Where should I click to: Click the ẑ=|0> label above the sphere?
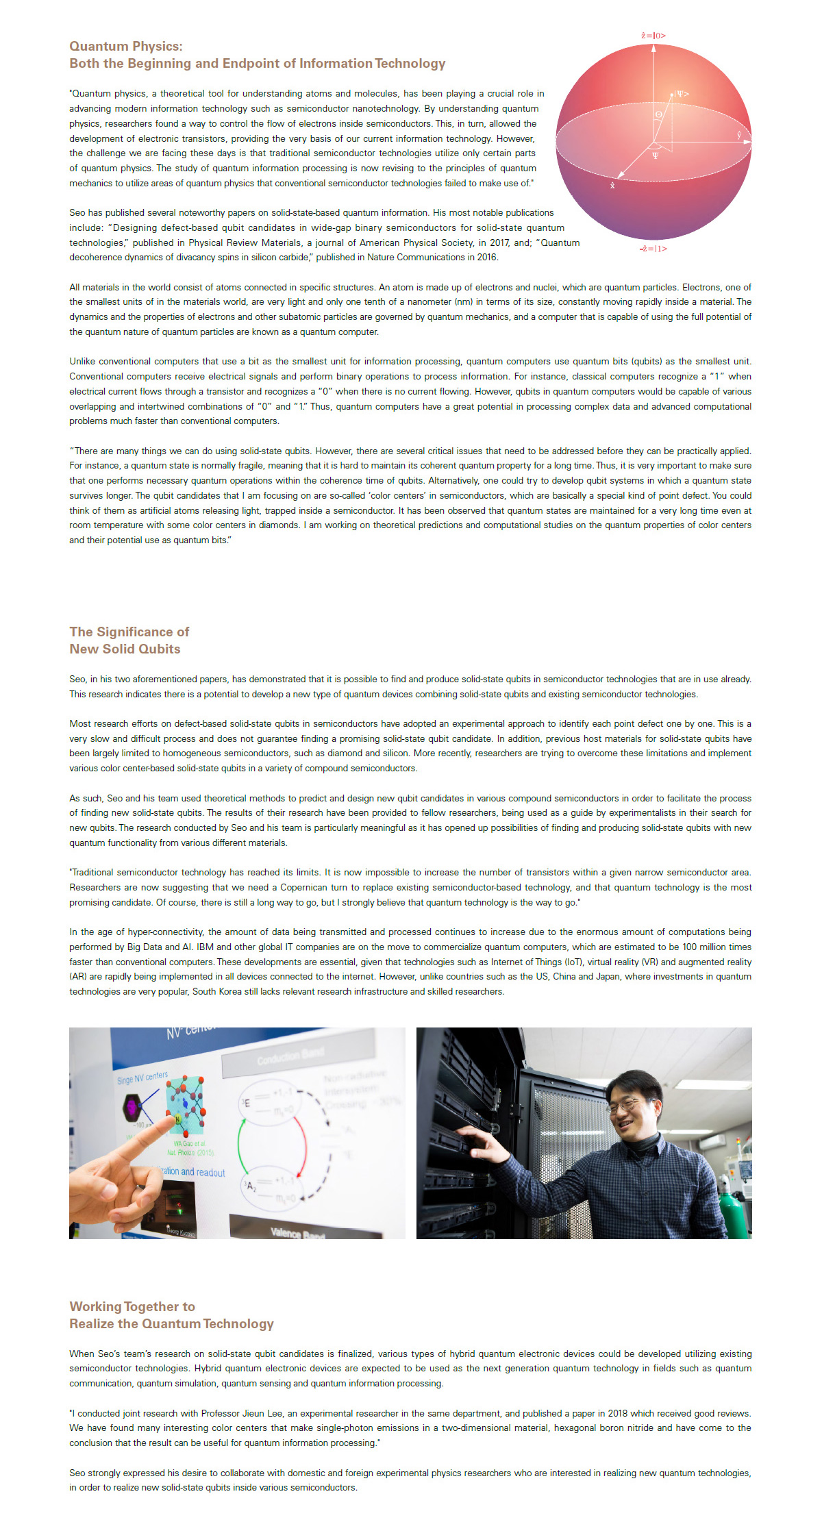(653, 36)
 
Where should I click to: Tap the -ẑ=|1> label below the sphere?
(653, 249)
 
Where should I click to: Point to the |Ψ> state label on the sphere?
(681, 94)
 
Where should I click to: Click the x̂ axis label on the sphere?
(612, 185)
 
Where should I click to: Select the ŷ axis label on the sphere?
(738, 136)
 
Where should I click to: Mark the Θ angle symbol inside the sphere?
(659, 114)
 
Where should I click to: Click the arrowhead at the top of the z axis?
(653, 48)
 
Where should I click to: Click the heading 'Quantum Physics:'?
(126, 46)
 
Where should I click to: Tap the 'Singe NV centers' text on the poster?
(142, 1077)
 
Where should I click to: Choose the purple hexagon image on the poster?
(132, 1106)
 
